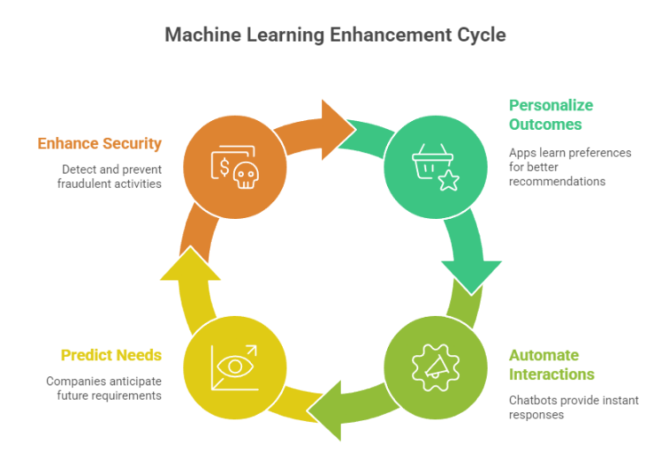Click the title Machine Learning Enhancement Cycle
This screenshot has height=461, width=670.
pos(335,36)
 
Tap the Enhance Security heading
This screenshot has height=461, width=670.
pos(100,143)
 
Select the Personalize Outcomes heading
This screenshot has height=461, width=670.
pos(551,115)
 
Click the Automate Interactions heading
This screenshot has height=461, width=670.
pos(552,365)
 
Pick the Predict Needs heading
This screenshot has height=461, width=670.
pos(110,355)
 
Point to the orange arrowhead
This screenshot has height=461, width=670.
pos(336,119)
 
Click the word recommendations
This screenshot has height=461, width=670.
pos(557,182)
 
